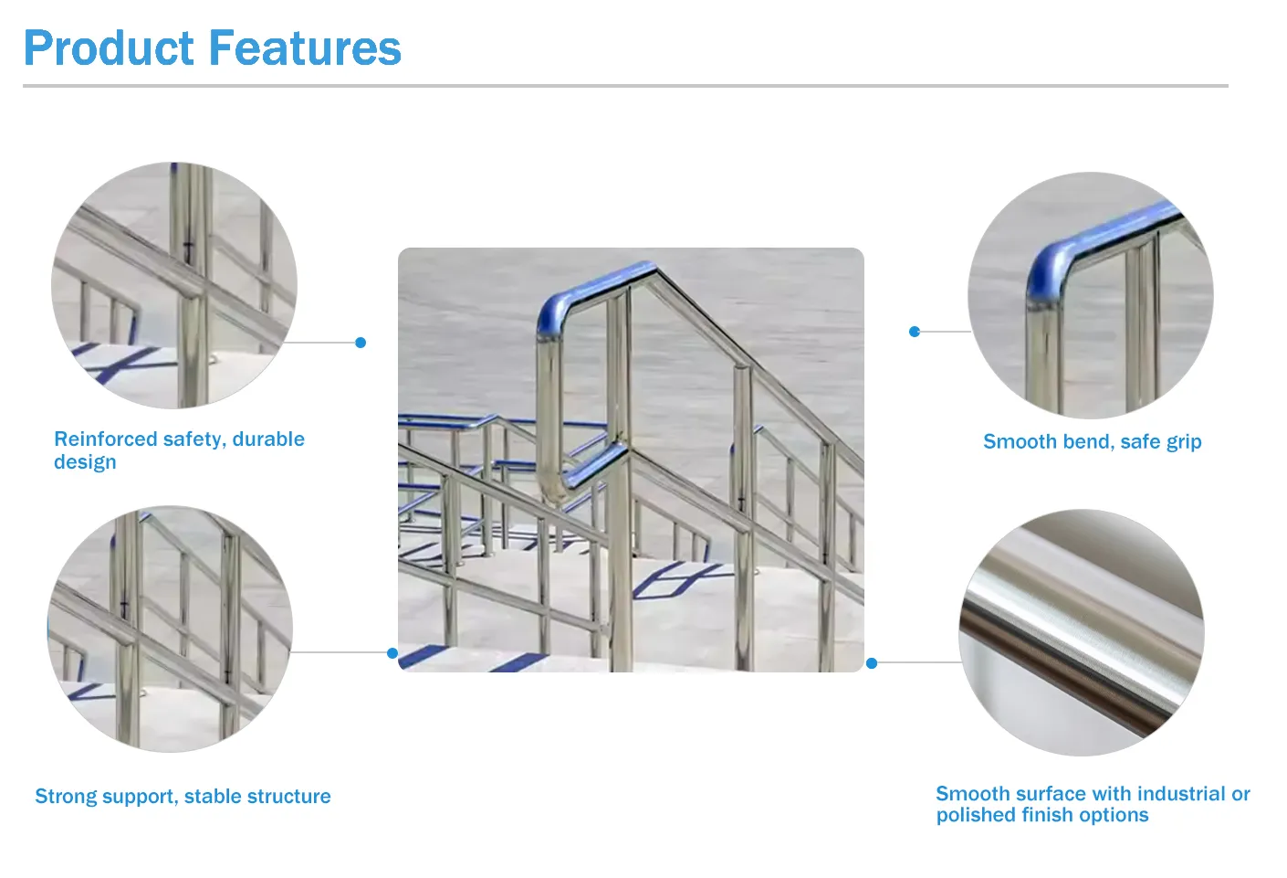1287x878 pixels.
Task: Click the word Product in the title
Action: (x=109, y=48)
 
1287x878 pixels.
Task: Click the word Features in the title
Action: (x=305, y=48)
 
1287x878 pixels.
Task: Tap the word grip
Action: (x=1183, y=442)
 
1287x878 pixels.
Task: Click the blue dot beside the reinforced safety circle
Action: (x=361, y=343)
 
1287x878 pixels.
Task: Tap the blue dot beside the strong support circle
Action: (x=392, y=653)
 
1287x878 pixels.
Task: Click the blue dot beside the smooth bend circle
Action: (x=915, y=332)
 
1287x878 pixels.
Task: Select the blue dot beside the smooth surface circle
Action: (x=872, y=663)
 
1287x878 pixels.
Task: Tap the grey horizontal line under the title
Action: (x=625, y=86)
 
